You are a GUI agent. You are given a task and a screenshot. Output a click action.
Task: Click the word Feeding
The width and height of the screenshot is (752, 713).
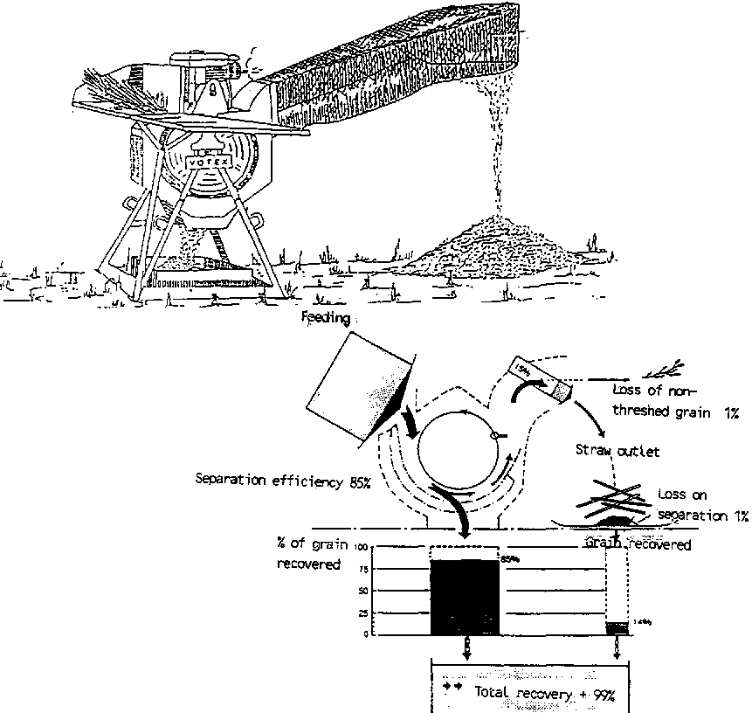(x=326, y=319)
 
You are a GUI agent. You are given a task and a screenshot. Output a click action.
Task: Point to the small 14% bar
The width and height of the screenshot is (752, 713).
(x=618, y=627)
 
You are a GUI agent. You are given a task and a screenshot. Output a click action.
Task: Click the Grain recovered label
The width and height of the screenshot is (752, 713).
(x=638, y=544)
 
